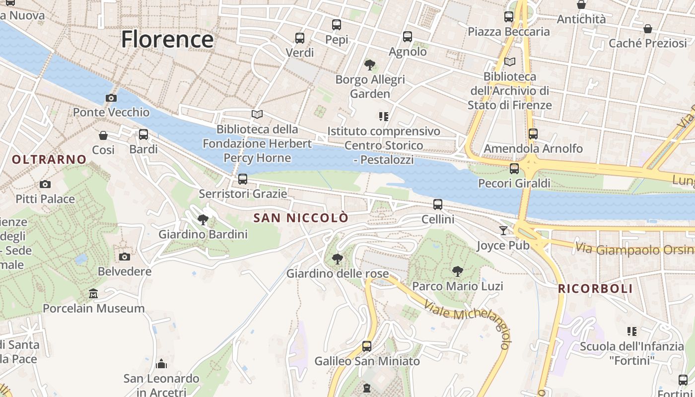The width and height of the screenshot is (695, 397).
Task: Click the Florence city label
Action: point(167,39)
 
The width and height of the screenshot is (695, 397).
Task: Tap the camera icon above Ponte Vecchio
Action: point(111,98)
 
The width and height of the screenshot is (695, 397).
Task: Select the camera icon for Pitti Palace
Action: point(45,185)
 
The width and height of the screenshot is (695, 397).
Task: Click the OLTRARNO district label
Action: point(49,159)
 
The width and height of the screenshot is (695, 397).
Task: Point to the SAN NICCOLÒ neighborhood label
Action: point(301,218)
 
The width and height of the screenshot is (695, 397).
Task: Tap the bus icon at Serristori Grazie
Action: point(243,179)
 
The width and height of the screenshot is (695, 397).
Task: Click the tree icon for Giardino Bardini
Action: point(203,219)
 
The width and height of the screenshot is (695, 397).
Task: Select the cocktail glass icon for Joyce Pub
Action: point(503,231)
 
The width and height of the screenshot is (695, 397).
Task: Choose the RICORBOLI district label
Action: point(595,289)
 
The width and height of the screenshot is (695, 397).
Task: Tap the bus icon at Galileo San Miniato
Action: point(367,346)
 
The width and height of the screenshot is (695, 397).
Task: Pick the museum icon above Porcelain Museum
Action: point(93,294)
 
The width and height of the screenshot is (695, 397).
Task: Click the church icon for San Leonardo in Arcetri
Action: point(161,364)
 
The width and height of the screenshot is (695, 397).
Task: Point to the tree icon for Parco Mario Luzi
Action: point(457,271)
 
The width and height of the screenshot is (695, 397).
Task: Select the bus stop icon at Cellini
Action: point(438,204)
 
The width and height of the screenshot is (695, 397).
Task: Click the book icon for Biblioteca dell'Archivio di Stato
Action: point(510,62)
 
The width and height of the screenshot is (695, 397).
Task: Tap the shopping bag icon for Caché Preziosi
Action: point(647,29)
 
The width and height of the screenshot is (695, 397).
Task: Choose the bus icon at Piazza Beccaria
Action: point(509,17)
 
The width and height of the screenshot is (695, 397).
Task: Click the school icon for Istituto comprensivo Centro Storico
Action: point(383,117)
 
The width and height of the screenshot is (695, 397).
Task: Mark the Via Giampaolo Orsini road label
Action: point(635,249)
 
